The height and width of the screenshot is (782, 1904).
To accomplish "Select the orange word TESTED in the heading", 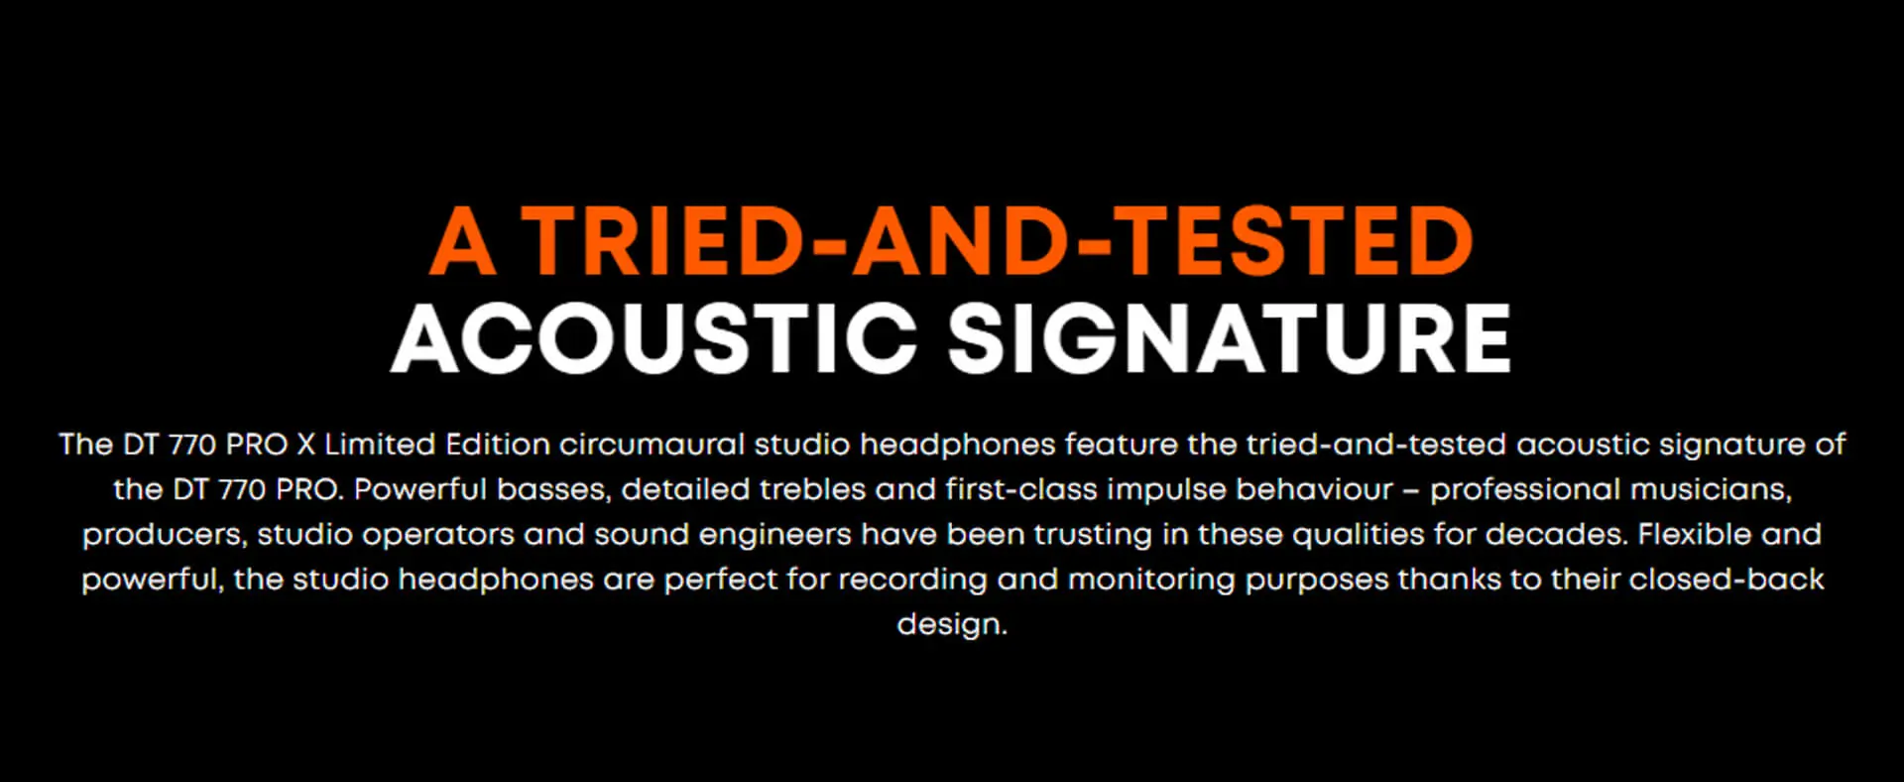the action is pos(1299,240).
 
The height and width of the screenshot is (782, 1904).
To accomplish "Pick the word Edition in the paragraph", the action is pos(498,444).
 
